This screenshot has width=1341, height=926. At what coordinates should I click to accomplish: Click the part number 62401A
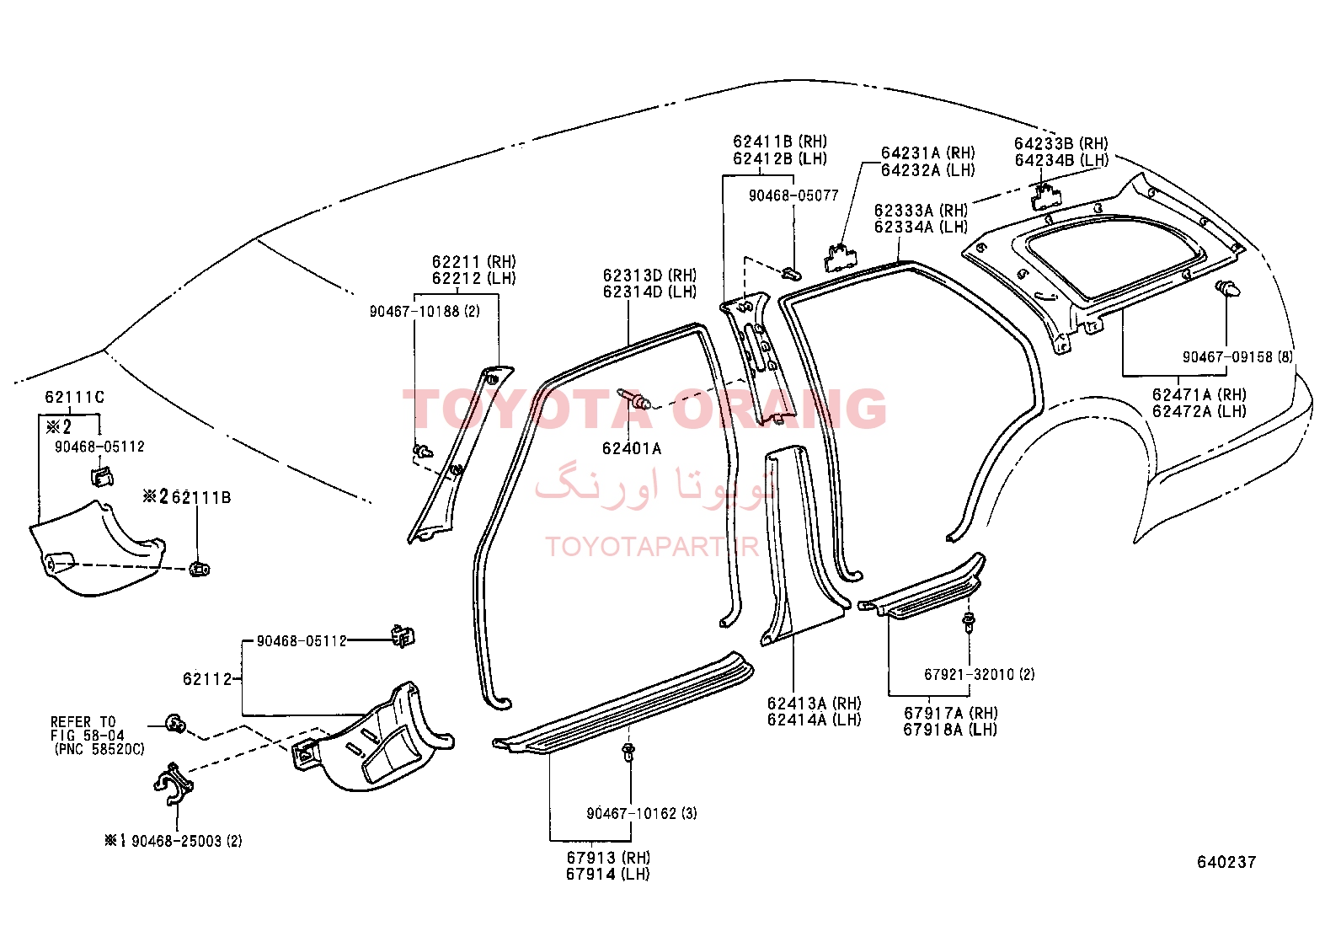tap(632, 448)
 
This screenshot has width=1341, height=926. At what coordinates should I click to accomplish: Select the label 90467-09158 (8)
tap(1237, 356)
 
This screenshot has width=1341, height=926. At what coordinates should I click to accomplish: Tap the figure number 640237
tap(1226, 862)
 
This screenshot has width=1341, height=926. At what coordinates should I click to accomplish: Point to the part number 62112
tap(207, 678)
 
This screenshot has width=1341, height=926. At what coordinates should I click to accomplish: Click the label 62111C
tap(75, 397)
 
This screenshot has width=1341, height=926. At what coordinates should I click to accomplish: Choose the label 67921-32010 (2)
tap(980, 674)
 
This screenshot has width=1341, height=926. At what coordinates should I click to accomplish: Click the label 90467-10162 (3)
tap(642, 813)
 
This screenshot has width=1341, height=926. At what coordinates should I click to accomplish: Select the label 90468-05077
tap(793, 195)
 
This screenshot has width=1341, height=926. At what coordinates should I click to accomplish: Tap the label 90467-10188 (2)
tap(425, 311)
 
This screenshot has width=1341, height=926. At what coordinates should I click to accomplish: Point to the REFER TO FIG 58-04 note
tap(98, 735)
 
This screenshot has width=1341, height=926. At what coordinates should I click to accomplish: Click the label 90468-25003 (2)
tap(174, 840)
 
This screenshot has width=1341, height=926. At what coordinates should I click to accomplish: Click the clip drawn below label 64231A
tap(841, 258)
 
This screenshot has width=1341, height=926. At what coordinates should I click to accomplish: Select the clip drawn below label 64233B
tap(1045, 196)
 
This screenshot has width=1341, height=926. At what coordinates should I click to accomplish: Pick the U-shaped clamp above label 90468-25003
tap(174, 784)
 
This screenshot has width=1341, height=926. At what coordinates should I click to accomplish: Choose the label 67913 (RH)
tap(608, 857)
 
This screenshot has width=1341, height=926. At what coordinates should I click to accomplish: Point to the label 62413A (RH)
tap(815, 703)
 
